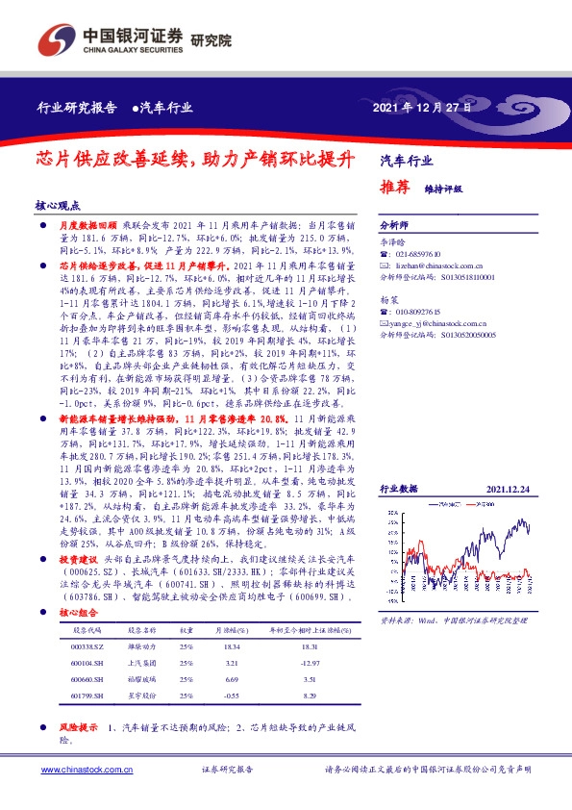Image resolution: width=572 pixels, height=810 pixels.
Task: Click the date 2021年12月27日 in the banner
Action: click(422, 108)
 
